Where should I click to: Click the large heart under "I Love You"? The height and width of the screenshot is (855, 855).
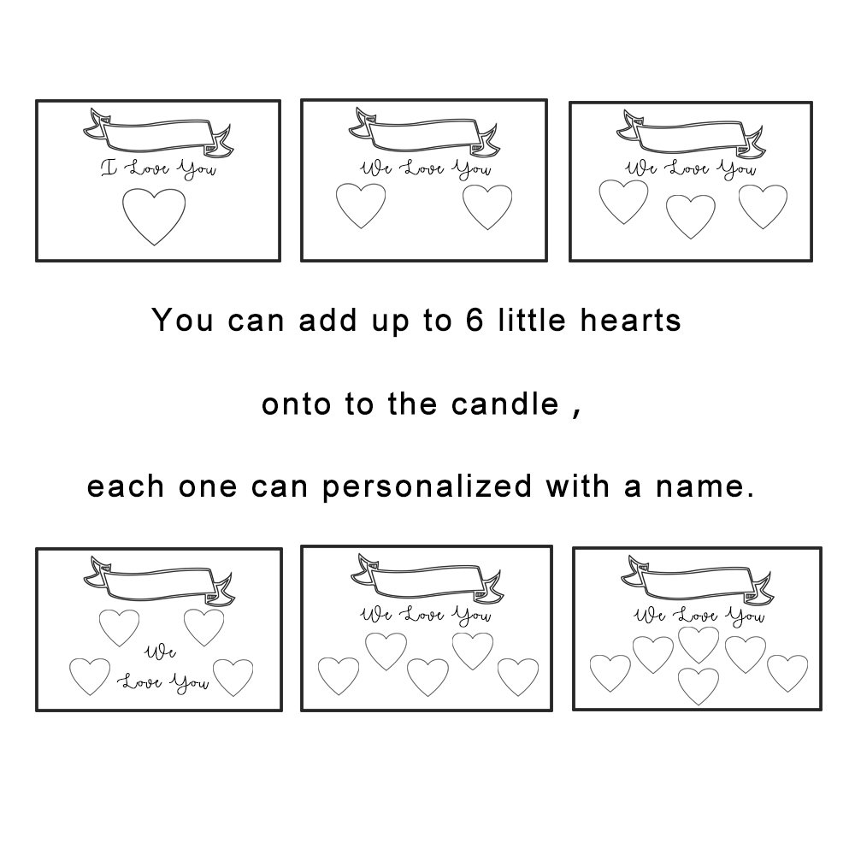click(x=154, y=216)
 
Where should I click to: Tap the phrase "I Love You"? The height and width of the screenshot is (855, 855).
click(x=159, y=168)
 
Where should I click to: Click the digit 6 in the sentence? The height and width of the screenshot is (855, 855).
click(x=475, y=320)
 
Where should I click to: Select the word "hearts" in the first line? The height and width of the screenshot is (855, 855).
click(x=630, y=320)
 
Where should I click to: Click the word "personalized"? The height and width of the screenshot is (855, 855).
click(x=427, y=486)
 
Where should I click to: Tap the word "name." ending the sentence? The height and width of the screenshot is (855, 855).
click(x=705, y=486)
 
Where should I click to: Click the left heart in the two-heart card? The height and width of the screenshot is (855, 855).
click(x=361, y=205)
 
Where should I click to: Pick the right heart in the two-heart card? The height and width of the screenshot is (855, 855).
click(x=487, y=207)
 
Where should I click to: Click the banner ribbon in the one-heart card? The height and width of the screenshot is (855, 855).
click(x=158, y=133)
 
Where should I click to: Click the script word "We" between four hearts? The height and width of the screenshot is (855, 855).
click(x=160, y=652)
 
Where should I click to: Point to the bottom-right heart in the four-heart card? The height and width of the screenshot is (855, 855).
click(x=233, y=677)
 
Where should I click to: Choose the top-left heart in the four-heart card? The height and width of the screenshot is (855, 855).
click(x=120, y=627)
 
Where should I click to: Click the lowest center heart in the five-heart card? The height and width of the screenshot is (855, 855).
click(x=427, y=677)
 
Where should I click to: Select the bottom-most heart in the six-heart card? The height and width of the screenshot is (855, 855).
click(x=698, y=686)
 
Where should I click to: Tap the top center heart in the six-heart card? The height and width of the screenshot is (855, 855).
click(x=699, y=645)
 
